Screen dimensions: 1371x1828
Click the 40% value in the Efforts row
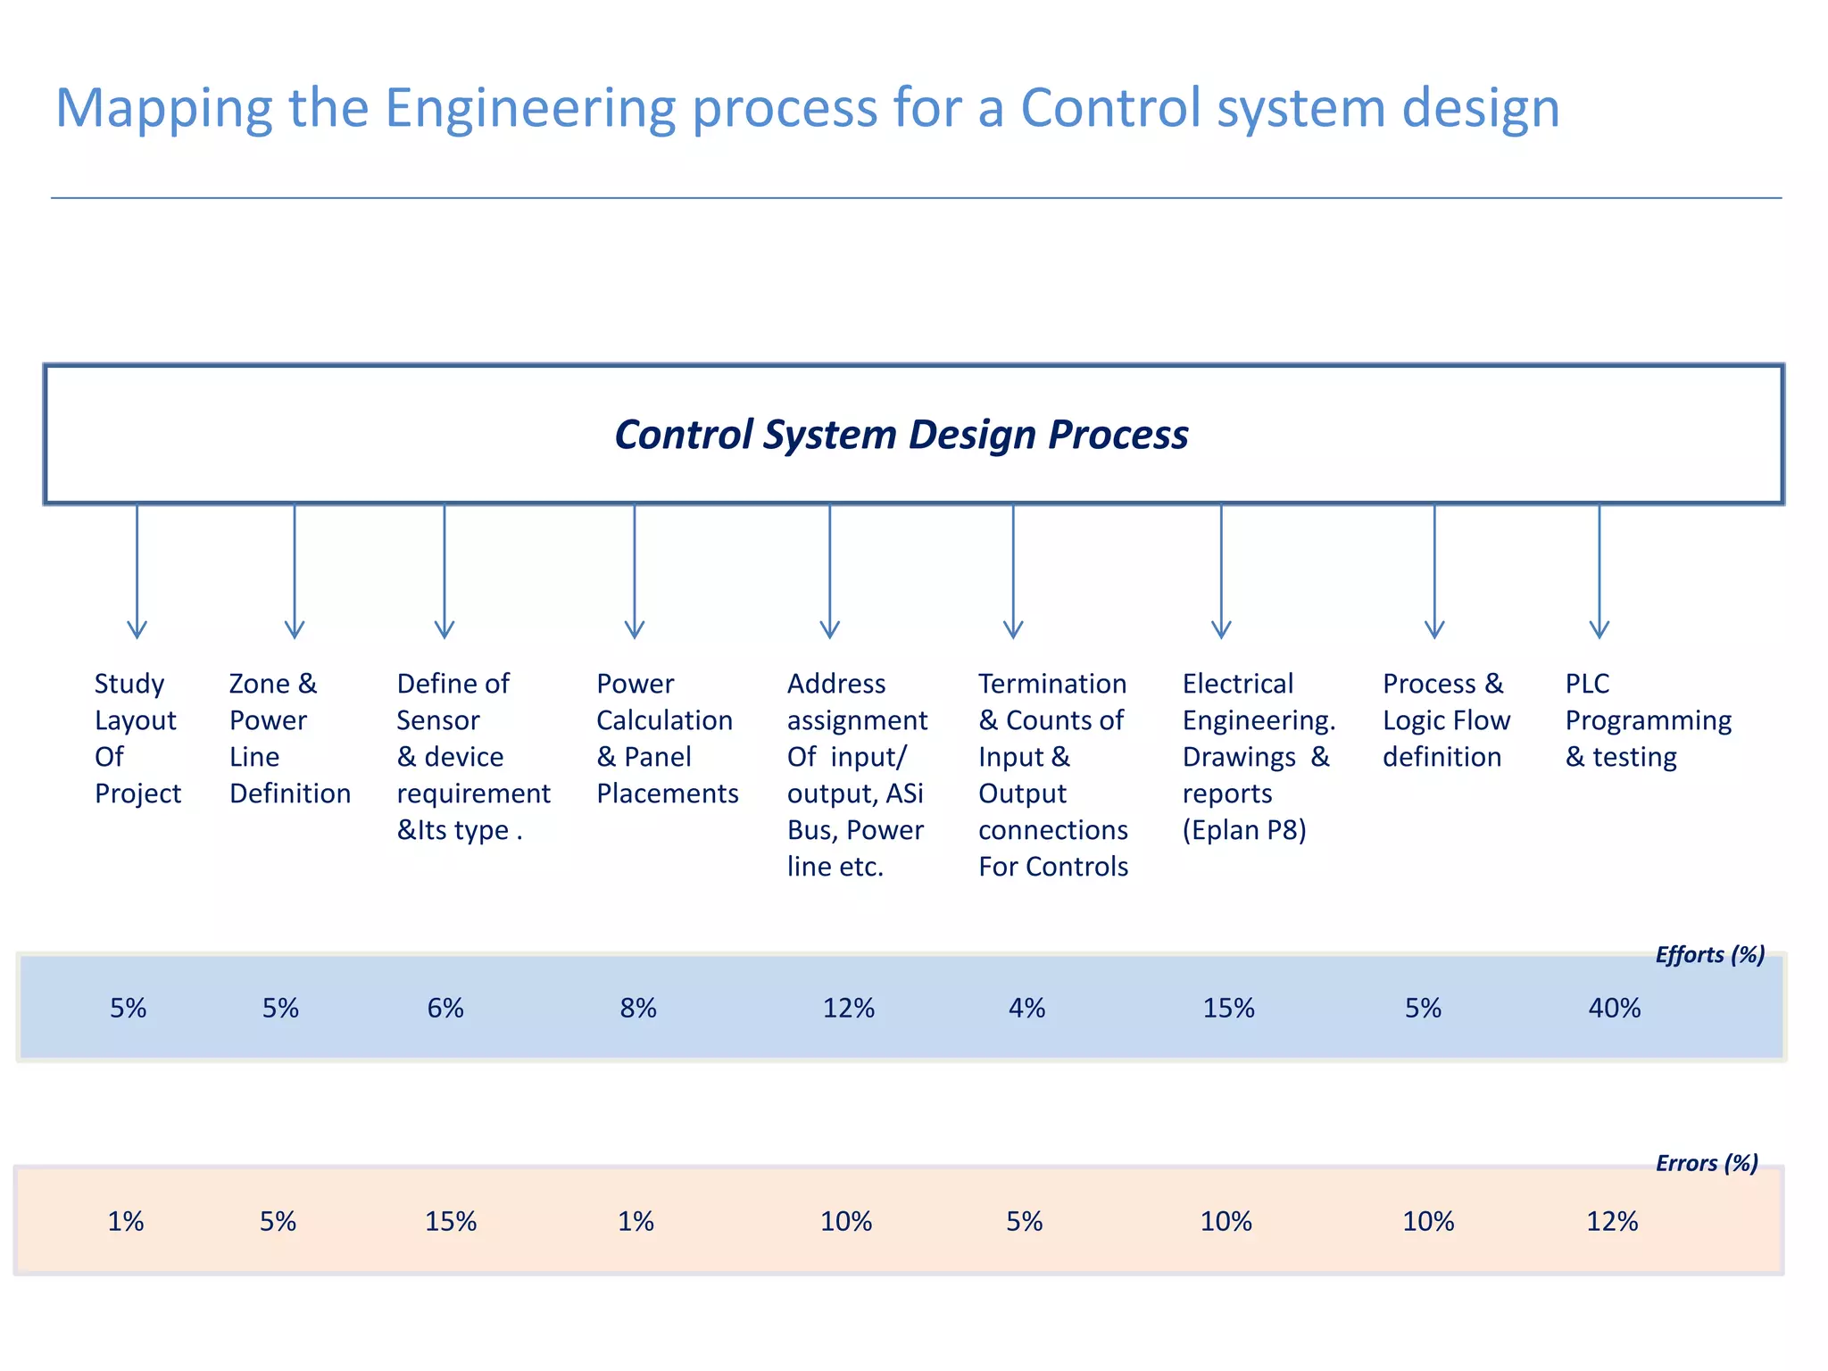point(1614,1009)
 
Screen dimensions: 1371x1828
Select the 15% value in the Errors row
point(451,1221)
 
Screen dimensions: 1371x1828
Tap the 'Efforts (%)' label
point(1709,955)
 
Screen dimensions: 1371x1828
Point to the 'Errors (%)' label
point(1706,1163)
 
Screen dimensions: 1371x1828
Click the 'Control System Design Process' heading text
point(902,435)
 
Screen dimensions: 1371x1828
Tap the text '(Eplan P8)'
point(1244,830)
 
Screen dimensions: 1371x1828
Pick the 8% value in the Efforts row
point(638,1009)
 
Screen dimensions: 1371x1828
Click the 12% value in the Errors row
point(1612,1221)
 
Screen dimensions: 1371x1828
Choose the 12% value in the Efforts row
point(848,1009)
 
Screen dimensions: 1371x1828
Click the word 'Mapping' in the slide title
point(162,109)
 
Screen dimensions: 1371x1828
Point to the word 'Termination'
point(1052,684)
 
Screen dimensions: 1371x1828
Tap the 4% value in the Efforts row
point(1026,1009)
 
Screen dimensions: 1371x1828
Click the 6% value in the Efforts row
point(445,1009)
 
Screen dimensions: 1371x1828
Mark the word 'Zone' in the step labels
point(259,684)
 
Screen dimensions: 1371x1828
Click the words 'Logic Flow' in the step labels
point(1446,720)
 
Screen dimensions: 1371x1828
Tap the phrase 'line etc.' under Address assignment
point(835,867)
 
